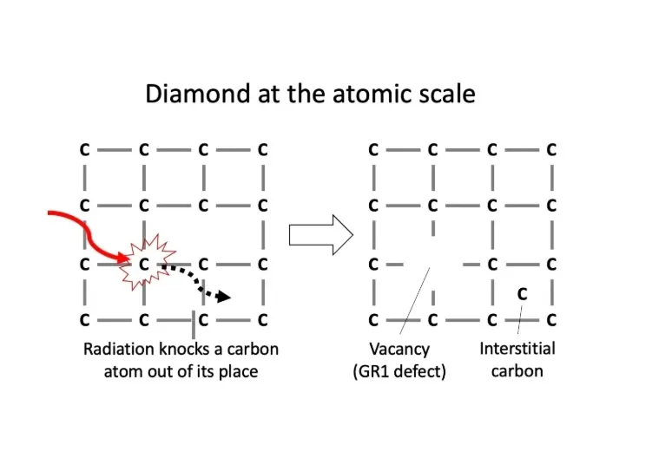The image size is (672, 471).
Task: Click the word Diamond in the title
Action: pos(198,94)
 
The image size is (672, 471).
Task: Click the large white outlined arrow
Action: pos(321,235)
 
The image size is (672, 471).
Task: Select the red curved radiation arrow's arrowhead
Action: pos(124,258)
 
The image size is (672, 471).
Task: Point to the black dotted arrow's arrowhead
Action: pos(224,296)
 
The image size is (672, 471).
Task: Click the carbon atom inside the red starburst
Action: pos(144,265)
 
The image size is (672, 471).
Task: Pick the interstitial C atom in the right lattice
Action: pos(522,294)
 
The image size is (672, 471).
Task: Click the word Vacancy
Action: pos(399,350)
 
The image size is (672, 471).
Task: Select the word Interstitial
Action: pos(517,349)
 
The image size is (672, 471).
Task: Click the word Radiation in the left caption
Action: pos(119,349)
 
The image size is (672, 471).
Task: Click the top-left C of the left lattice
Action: pos(85,149)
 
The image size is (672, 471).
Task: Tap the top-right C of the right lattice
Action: pos(551,149)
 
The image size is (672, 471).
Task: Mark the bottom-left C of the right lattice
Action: pos(373,320)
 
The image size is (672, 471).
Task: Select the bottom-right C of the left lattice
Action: pos(263,320)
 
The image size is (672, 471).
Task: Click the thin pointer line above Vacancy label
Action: pos(414,301)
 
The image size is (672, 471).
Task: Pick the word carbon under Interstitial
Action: pos(517,370)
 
